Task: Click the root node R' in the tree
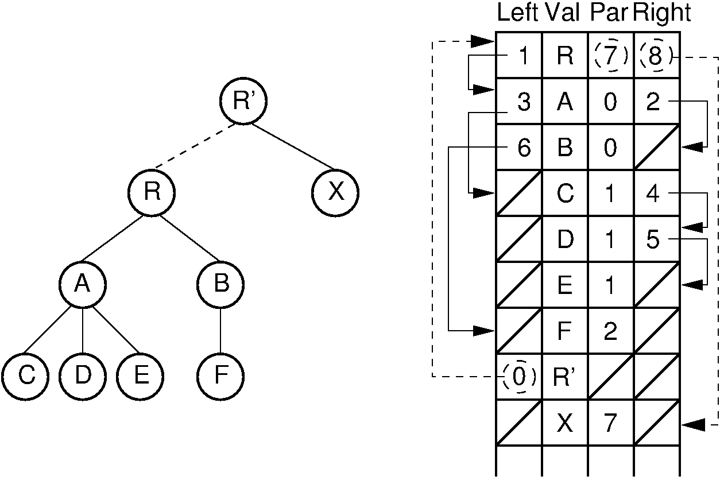[244, 101]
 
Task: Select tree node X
[336, 192]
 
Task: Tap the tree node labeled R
[152, 192]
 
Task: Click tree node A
[83, 284]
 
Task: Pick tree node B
[220, 284]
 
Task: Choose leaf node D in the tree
[83, 376]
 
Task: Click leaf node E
[140, 376]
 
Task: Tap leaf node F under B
[220, 376]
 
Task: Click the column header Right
[661, 13]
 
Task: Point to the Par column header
[609, 13]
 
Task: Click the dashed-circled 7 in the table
[611, 56]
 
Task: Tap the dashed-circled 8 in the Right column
[656, 56]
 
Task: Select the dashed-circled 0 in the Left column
[519, 377]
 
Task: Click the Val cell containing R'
[565, 377]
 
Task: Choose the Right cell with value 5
[653, 239]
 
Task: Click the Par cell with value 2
[610, 331]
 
